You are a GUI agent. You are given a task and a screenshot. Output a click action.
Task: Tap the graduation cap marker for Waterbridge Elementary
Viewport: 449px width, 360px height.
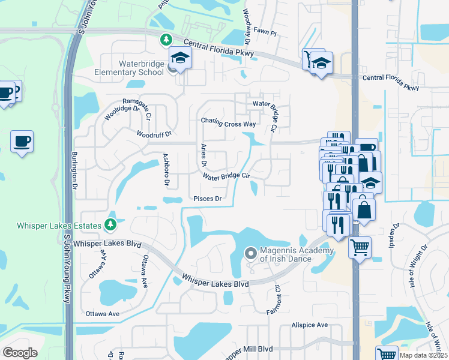[x=178, y=58]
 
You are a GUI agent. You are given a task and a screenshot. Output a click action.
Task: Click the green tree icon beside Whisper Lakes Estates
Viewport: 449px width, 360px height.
[x=110, y=224]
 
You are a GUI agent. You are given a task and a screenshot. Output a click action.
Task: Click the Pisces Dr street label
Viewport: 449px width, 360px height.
[x=208, y=199]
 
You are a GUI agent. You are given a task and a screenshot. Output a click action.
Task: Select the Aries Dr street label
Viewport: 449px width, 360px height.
[x=203, y=155]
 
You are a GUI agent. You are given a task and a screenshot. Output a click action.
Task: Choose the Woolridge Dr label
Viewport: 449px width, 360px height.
[x=122, y=113]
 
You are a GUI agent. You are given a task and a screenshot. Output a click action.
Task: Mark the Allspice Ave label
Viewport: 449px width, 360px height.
[x=310, y=325]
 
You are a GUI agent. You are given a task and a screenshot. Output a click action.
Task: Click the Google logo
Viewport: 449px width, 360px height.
[x=20, y=353]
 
